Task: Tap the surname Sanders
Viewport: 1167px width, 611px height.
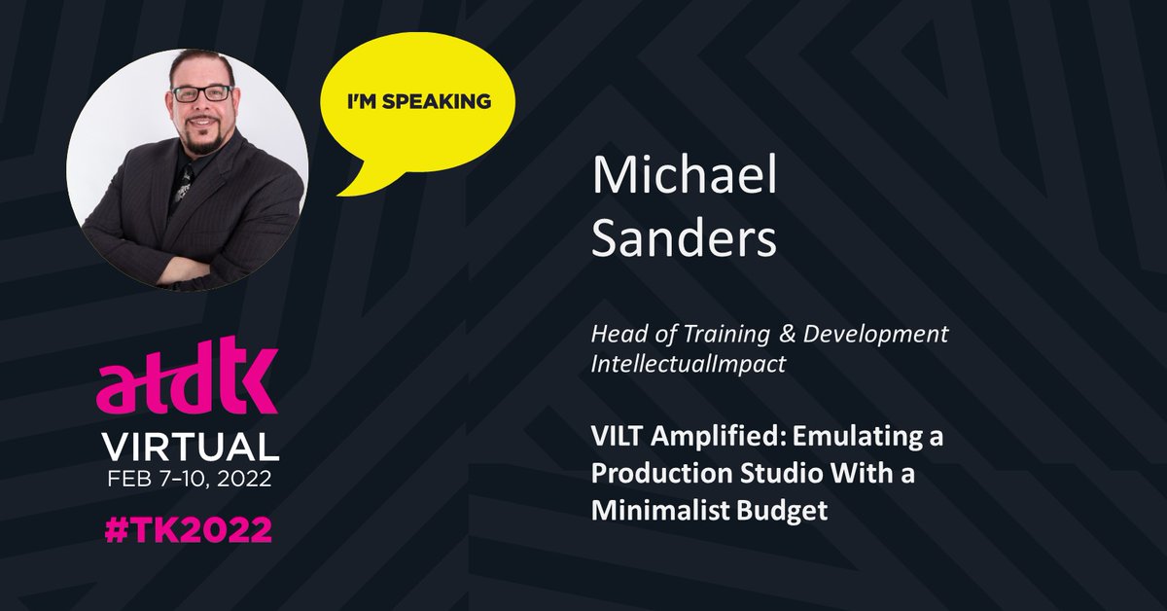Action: click(684, 238)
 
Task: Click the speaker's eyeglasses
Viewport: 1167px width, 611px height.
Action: click(201, 93)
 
